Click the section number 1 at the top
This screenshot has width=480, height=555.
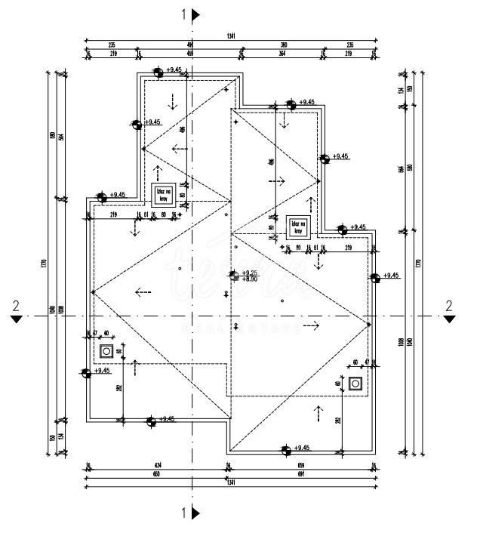click(184, 14)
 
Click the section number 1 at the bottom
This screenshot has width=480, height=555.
click(184, 513)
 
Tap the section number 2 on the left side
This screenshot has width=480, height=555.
click(15, 305)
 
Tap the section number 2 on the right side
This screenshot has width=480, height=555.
click(449, 305)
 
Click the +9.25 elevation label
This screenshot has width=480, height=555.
click(250, 273)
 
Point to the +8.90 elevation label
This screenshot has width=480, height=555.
click(250, 279)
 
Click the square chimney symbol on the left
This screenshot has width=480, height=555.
click(106, 350)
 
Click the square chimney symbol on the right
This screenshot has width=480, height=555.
click(356, 383)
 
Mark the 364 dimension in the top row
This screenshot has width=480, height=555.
click(281, 54)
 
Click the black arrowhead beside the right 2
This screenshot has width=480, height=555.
click(449, 319)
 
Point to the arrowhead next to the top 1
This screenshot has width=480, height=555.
click(196, 14)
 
